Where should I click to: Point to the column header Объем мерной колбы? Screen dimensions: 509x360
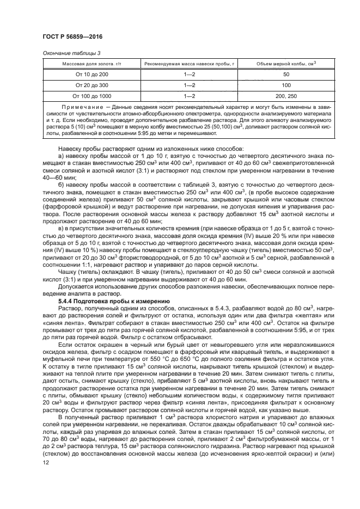pos(279,64)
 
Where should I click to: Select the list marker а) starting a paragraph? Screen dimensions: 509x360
pos(61,156)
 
